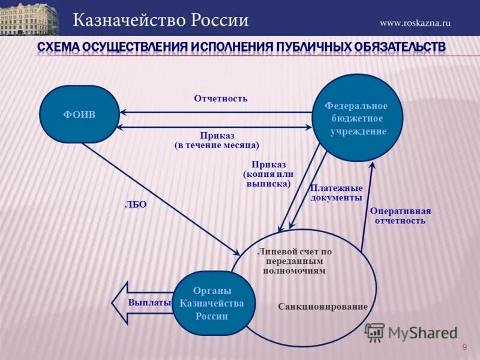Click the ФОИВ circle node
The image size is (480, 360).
point(79,114)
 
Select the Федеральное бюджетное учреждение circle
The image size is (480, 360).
point(357,118)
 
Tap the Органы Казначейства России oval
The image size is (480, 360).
point(212,303)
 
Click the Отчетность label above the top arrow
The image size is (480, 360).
point(220,98)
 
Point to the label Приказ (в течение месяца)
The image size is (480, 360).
point(217,140)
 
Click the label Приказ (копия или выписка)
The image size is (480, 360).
point(268,174)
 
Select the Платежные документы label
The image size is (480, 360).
point(336,193)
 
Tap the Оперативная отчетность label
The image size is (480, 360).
point(400,215)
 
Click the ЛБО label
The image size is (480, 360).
point(136,204)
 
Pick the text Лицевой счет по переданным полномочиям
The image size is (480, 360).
point(294,261)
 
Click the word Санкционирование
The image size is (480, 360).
point(322,307)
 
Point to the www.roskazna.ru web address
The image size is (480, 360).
point(415,23)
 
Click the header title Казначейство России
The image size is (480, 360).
point(161,20)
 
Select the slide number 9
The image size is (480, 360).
point(464,347)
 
